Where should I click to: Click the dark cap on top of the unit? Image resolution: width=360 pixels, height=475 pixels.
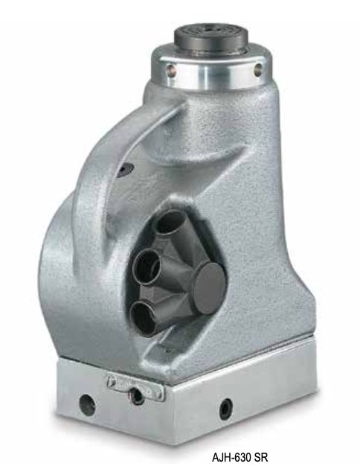pos(210,39)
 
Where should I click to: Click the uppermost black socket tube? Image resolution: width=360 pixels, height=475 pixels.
pos(170,223)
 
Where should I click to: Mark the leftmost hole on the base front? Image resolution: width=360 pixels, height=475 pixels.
pos(88,406)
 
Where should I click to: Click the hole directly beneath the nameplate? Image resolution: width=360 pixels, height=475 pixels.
pos(137,396)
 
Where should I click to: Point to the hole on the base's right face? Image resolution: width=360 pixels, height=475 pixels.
pos(225,408)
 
